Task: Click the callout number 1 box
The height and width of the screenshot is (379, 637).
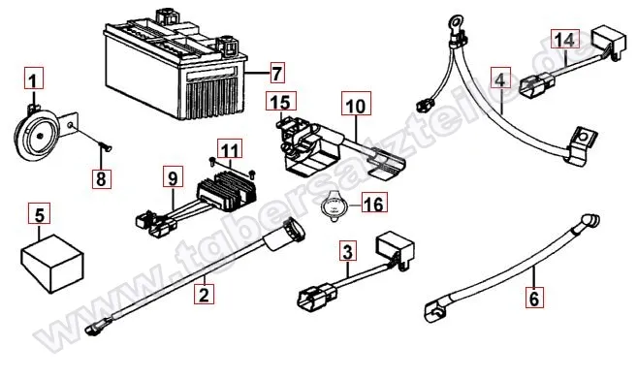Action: [34, 79]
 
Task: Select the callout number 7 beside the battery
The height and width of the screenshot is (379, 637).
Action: [276, 73]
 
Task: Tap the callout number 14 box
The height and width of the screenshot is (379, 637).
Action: [564, 40]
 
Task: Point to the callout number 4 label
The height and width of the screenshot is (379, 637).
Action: [498, 79]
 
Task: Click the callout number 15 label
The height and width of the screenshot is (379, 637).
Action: [278, 102]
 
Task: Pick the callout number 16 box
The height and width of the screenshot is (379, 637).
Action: [372, 203]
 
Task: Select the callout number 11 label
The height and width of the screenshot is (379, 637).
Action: [229, 149]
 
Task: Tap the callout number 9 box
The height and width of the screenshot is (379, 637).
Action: [173, 177]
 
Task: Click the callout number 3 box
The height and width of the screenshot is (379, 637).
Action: [346, 254]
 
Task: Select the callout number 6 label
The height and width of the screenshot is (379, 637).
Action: [532, 299]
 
